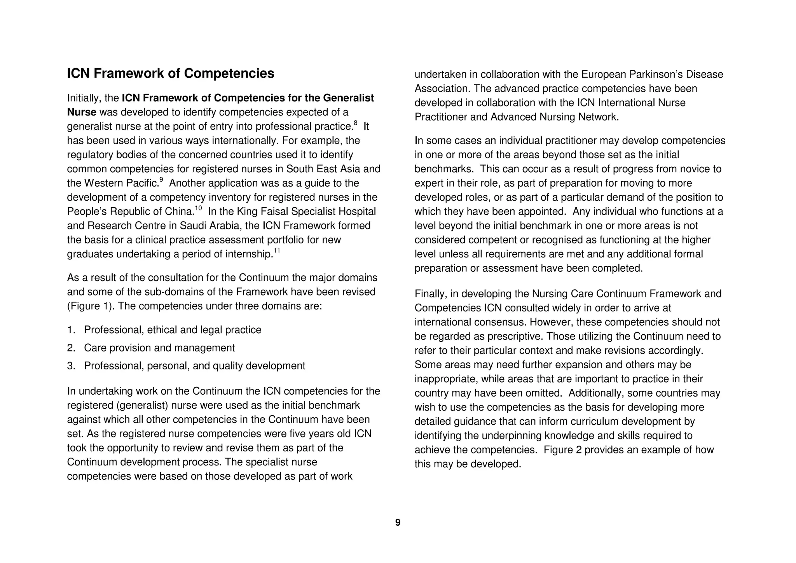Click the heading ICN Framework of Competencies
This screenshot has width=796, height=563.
(171, 73)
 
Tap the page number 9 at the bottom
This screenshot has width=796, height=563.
(398, 523)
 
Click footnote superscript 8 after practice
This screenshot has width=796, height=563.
(355, 123)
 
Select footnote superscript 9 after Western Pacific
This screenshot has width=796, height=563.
(161, 180)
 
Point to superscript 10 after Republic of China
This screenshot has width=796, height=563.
(198, 208)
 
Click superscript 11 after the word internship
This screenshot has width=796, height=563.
(277, 251)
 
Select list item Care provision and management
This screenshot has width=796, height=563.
(159, 348)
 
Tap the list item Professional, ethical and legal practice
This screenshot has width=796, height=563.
(173, 330)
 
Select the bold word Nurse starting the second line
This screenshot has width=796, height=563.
(82, 112)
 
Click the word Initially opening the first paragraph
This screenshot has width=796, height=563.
(82, 98)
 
